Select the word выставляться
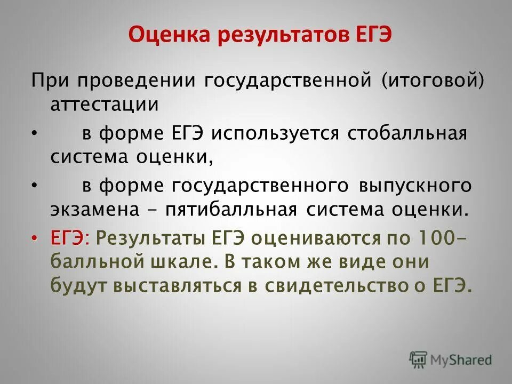[x=177, y=286]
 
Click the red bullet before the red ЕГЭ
[x=35, y=237]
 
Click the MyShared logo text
[x=462, y=359]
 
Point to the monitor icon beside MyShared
[x=419, y=358]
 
